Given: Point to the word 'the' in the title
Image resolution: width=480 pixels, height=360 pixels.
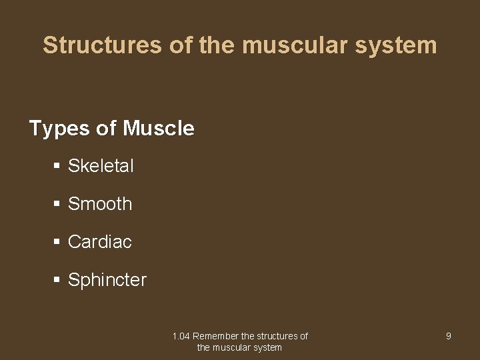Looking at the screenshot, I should point(219,45).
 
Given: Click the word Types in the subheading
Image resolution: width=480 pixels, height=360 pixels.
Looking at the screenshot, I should point(59,128).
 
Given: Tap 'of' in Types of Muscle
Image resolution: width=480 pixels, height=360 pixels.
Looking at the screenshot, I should point(106,128).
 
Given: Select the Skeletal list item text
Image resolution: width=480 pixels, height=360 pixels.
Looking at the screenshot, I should point(101,166).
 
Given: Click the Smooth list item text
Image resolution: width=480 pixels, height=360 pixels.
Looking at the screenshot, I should point(100,204).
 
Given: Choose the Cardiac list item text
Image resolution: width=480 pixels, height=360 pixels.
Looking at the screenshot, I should point(100,242).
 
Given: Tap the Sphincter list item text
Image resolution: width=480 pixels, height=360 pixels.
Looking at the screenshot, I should point(107,280).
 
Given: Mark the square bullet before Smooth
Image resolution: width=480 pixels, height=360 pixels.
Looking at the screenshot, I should point(57,204).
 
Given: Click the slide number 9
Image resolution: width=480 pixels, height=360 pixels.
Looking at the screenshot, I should point(448,336).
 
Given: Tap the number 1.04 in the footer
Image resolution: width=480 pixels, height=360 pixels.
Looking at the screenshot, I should point(181,336).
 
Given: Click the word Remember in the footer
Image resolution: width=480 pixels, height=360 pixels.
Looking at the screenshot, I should point(215,336).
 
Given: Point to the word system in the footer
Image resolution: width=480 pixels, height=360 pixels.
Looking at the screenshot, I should point(269,347).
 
